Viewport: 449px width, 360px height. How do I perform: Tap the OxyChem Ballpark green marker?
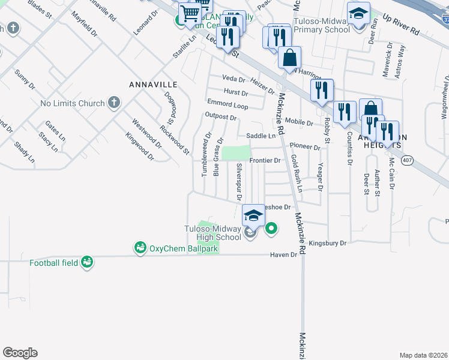click(140, 247)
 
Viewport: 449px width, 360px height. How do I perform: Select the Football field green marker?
click(87, 262)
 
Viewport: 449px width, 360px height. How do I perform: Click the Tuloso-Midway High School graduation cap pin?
click(253, 215)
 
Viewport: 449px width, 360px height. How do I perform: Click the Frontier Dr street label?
click(265, 160)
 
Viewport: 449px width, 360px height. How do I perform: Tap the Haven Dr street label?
click(286, 254)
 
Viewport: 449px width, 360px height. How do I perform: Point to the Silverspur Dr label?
click(239, 181)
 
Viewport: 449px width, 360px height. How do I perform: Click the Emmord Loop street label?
click(228, 105)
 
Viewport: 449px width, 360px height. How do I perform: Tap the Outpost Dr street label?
click(217, 116)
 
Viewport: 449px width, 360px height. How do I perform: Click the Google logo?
click(20, 353)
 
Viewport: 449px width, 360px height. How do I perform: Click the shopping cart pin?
click(191, 13)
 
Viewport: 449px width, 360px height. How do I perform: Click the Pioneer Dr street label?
click(305, 146)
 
